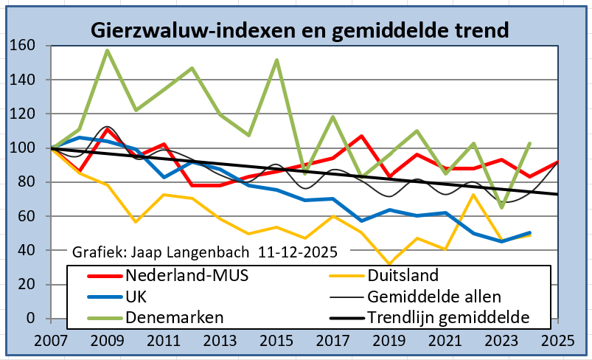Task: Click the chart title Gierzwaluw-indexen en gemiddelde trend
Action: [299, 31]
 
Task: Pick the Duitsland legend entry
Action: [404, 276]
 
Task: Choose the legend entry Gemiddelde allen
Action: [433, 297]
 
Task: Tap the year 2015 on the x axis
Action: [276, 342]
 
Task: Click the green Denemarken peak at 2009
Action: [108, 50]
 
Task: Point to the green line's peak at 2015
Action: [276, 60]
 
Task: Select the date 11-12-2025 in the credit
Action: [298, 252]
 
